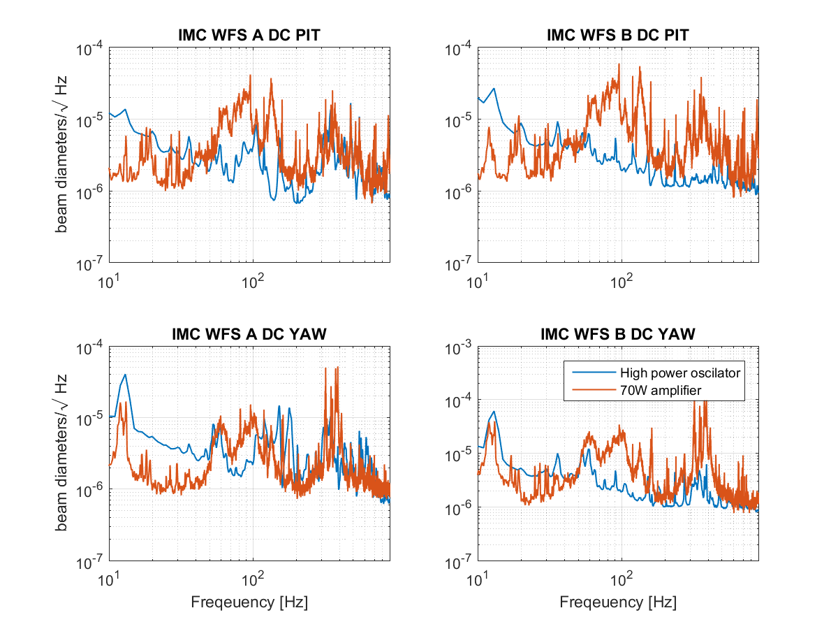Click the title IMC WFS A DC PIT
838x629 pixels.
tap(249, 37)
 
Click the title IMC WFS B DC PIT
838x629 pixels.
tap(618, 37)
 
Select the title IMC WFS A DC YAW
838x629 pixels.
tap(249, 335)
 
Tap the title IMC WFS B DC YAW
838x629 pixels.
tap(618, 335)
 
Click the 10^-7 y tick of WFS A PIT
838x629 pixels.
tap(91, 263)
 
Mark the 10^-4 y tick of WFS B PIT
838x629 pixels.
tap(460, 49)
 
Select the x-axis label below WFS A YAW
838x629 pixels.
tap(249, 601)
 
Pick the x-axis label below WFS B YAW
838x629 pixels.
tap(618, 601)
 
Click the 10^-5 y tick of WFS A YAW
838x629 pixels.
tap(91, 419)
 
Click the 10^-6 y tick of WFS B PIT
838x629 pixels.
tap(460, 192)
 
